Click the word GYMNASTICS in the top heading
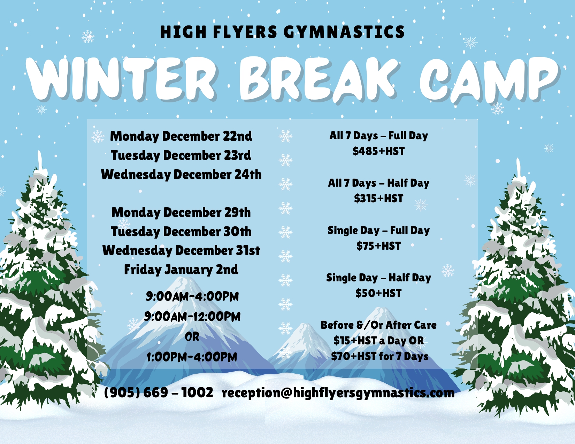point(344,32)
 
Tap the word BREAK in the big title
point(318,79)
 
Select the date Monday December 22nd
point(181,136)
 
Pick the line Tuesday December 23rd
point(181,155)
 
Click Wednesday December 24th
point(181,174)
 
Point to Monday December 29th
point(181,213)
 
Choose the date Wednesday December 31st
point(181,250)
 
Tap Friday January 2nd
point(181,270)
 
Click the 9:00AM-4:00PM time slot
point(192,296)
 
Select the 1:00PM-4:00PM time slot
point(192,357)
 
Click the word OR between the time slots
point(192,337)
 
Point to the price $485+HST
point(379,151)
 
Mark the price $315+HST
point(379,198)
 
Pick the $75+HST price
point(379,246)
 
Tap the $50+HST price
point(379,293)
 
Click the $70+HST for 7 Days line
point(380,357)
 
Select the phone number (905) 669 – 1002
point(159,392)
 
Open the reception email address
point(338,393)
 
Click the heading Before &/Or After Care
point(379,325)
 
